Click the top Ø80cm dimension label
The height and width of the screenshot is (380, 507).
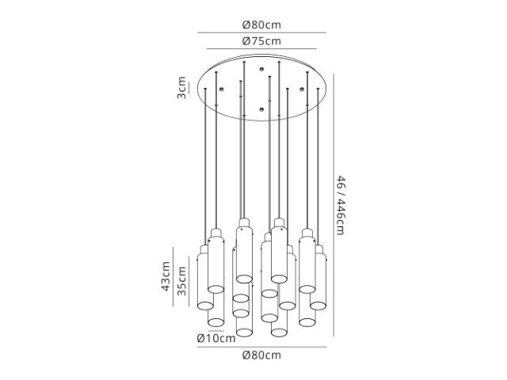[261, 25]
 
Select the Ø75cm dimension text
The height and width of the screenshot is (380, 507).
[261, 41]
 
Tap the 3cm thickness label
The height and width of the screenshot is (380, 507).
[181, 88]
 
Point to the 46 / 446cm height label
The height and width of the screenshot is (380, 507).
[341, 205]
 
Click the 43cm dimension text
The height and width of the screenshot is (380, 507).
[166, 276]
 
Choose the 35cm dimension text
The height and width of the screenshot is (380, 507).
[182, 281]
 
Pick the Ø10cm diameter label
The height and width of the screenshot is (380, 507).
[216, 338]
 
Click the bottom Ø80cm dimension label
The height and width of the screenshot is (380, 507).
[261, 355]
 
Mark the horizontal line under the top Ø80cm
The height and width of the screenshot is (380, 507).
[262, 32]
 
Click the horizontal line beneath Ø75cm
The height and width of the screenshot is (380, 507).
[261, 49]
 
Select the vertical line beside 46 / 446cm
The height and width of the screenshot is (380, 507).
[334, 205]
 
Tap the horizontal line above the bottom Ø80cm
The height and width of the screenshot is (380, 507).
[262, 347]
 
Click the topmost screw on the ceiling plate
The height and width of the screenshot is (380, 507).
[261, 69]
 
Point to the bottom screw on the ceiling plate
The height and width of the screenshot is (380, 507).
[261, 109]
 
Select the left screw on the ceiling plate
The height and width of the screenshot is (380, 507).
[221, 89]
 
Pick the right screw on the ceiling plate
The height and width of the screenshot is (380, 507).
[302, 89]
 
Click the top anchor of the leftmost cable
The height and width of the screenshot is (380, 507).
[205, 89]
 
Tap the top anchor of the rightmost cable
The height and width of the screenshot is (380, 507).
[318, 89]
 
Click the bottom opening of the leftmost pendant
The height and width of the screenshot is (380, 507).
[205, 306]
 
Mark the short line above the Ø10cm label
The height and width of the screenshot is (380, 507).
[216, 331]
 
